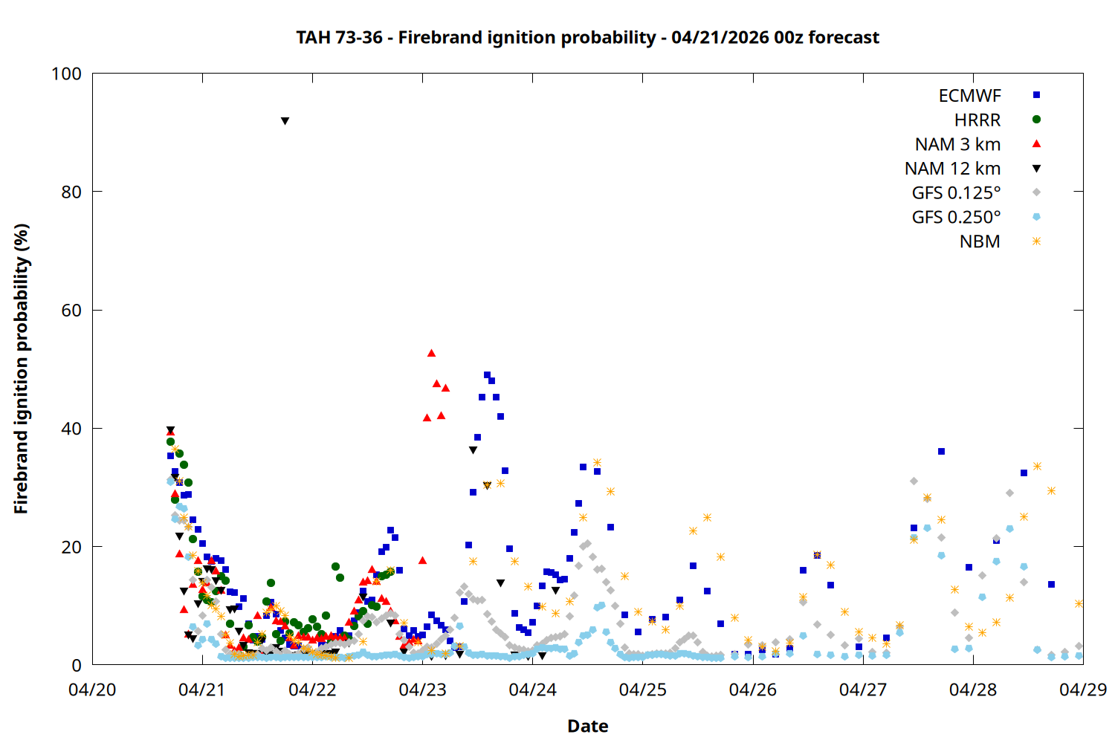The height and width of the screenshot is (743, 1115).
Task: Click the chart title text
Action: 587,37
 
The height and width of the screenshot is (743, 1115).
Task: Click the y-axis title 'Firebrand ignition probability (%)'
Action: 22,369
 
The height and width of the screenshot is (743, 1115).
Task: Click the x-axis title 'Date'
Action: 587,726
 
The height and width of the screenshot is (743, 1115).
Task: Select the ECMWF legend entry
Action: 969,96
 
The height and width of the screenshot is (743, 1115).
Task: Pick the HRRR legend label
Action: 977,120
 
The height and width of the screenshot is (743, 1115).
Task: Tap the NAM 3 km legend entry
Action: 957,144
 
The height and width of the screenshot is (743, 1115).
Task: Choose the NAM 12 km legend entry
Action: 952,169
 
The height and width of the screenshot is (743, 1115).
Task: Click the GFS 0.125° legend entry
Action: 956,193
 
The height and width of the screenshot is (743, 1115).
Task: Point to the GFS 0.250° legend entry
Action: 956,218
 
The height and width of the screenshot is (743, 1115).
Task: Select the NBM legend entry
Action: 980,241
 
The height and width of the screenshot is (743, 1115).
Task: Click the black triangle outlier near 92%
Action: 285,120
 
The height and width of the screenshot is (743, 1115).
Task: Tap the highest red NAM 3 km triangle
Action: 431,353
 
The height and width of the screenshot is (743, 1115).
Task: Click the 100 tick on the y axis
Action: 66,74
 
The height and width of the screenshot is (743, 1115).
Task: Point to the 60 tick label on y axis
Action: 71,310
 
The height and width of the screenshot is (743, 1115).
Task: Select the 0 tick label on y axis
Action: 77,665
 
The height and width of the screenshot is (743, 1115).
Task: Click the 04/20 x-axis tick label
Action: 92,690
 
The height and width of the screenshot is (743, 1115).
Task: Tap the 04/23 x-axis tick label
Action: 422,690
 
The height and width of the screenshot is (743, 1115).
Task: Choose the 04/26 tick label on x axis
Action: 753,690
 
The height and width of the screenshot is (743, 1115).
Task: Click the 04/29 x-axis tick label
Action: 1082,690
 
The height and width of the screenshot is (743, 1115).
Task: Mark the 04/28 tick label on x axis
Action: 973,690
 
